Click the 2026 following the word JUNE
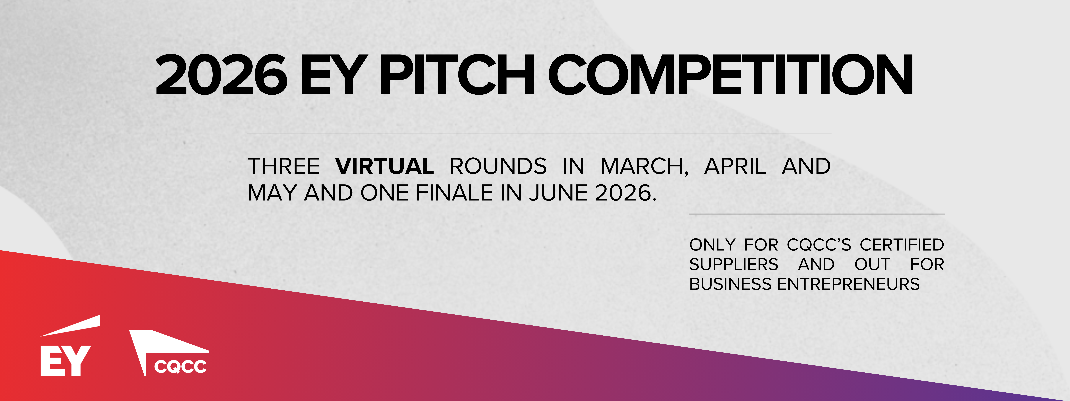[623, 193]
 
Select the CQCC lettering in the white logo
[180, 367]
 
